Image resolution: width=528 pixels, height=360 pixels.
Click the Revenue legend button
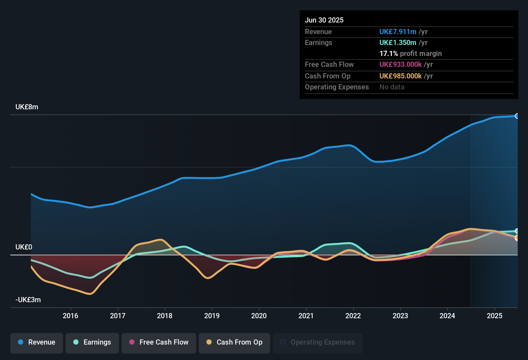pyautogui.click(x=37, y=342)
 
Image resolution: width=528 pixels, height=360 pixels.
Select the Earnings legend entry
pyautogui.click(x=92, y=342)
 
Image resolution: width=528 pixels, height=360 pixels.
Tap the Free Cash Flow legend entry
pyautogui.click(x=159, y=342)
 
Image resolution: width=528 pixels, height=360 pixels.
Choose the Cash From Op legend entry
pyautogui.click(x=234, y=342)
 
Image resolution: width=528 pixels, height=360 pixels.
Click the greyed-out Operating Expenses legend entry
pyautogui.click(x=318, y=342)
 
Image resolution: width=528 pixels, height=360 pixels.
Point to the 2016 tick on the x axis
pyautogui.click(x=70, y=316)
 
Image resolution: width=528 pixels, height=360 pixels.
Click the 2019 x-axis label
pyautogui.click(x=212, y=316)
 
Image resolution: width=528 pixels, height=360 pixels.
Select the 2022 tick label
pyautogui.click(x=353, y=316)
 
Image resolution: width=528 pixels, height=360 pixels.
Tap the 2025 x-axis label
pyautogui.click(x=495, y=316)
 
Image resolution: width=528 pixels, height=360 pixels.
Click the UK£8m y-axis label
pyautogui.click(x=27, y=107)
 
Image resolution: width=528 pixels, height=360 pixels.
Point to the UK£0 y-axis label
pyautogui.click(x=24, y=247)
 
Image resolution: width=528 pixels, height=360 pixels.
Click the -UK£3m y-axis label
pyautogui.click(x=28, y=300)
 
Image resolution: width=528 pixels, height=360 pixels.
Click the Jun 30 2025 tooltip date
pyautogui.click(x=324, y=20)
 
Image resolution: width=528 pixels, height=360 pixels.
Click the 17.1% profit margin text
pyautogui.click(x=410, y=54)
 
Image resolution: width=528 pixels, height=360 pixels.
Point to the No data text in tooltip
pyautogui.click(x=392, y=87)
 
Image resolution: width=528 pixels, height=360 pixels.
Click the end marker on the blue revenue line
pyautogui.click(x=517, y=116)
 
